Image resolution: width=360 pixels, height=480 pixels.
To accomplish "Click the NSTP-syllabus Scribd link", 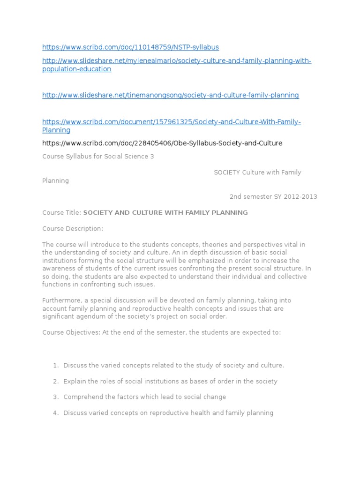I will (x=130, y=47).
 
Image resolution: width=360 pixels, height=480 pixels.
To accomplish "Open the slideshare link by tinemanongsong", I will (x=170, y=95).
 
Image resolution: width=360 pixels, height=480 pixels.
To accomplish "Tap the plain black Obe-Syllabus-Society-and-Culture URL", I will (x=162, y=143).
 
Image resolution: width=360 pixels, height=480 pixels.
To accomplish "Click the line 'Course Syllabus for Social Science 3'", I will (x=98, y=157).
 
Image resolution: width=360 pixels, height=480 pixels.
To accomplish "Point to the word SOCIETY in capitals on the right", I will (x=227, y=172).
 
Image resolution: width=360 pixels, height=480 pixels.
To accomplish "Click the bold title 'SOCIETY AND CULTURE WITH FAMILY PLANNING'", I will (x=165, y=213).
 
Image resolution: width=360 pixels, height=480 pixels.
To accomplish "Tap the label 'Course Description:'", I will (x=73, y=229).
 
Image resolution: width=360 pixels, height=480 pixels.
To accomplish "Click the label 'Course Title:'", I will (x=62, y=213).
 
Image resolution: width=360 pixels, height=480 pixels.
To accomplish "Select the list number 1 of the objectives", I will (x=55, y=365).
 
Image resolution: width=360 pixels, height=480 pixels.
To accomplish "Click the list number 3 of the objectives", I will (x=55, y=397).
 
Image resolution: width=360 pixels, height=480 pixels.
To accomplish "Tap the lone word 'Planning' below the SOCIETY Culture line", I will (x=56, y=180).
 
